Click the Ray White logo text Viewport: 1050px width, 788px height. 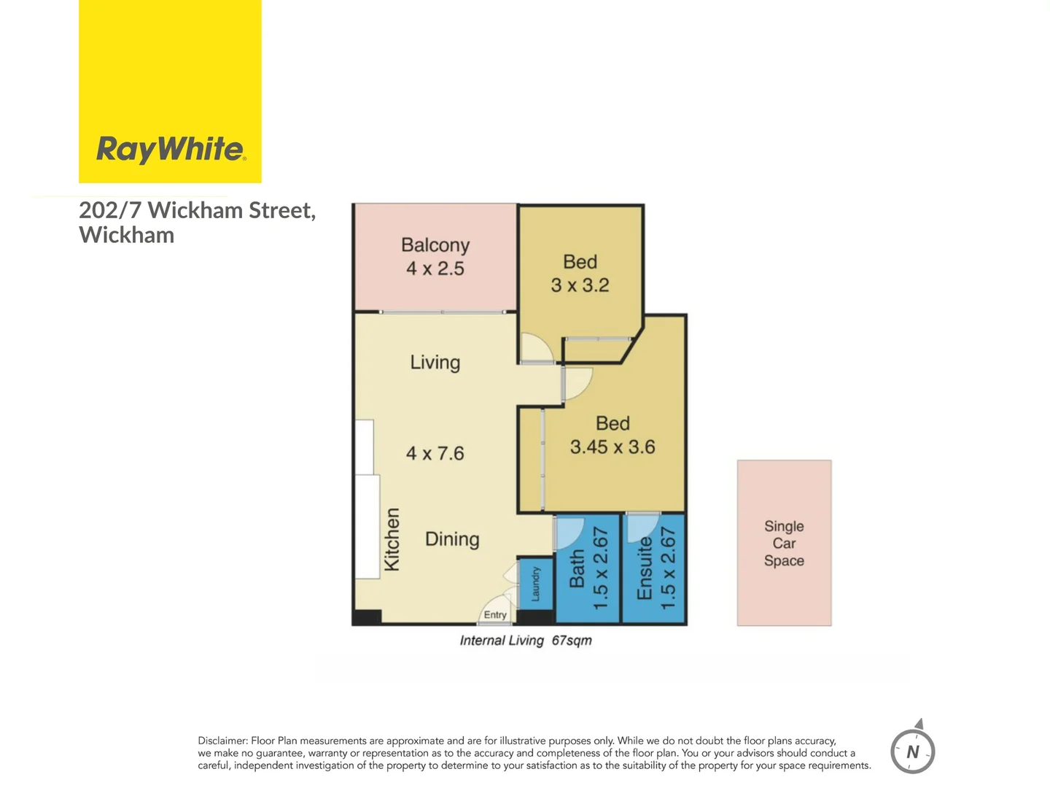(171, 149)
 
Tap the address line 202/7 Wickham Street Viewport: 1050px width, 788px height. (197, 210)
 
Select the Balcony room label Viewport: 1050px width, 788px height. (435, 245)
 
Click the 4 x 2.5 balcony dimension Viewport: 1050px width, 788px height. (435, 269)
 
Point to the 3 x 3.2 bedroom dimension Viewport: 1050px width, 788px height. (580, 285)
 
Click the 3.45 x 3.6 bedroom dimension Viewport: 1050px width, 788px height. (612, 447)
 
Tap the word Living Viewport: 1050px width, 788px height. (435, 363)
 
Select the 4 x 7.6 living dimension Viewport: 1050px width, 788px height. (435, 453)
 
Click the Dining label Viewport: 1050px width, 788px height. (452, 539)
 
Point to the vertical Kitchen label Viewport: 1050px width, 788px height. (392, 540)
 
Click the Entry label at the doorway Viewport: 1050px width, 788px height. (495, 615)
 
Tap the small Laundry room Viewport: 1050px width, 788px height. (535, 584)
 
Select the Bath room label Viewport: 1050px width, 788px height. (577, 569)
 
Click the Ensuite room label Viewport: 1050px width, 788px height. (645, 569)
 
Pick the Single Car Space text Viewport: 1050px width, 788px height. (784, 544)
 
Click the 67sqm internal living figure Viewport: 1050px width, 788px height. (572, 641)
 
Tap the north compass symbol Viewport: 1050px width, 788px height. (912, 750)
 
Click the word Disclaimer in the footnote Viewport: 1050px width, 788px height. (222, 741)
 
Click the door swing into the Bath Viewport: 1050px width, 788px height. (569, 531)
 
